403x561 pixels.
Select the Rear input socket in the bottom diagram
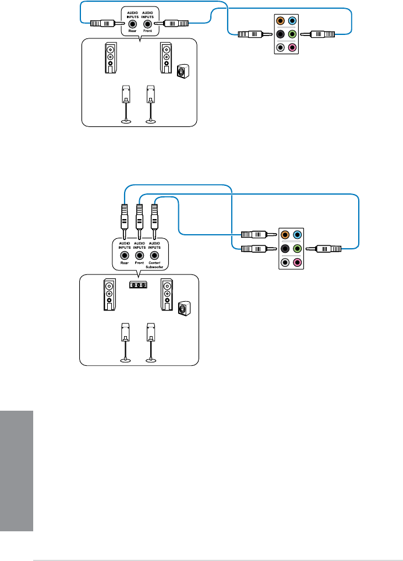click(x=124, y=255)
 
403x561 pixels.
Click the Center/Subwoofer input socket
click(x=154, y=255)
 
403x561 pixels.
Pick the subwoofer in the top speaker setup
click(x=183, y=72)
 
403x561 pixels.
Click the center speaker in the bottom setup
click(x=138, y=285)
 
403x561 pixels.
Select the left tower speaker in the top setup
click(x=111, y=58)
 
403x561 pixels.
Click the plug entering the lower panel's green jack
click(x=327, y=249)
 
